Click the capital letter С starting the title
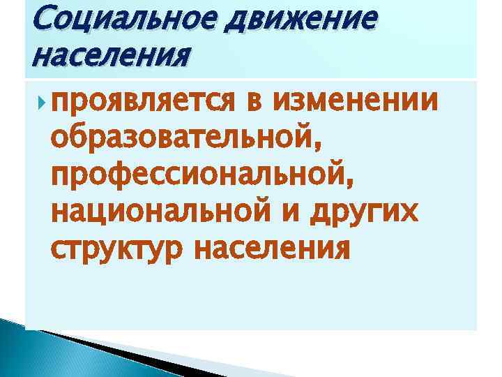[x=34, y=18]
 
